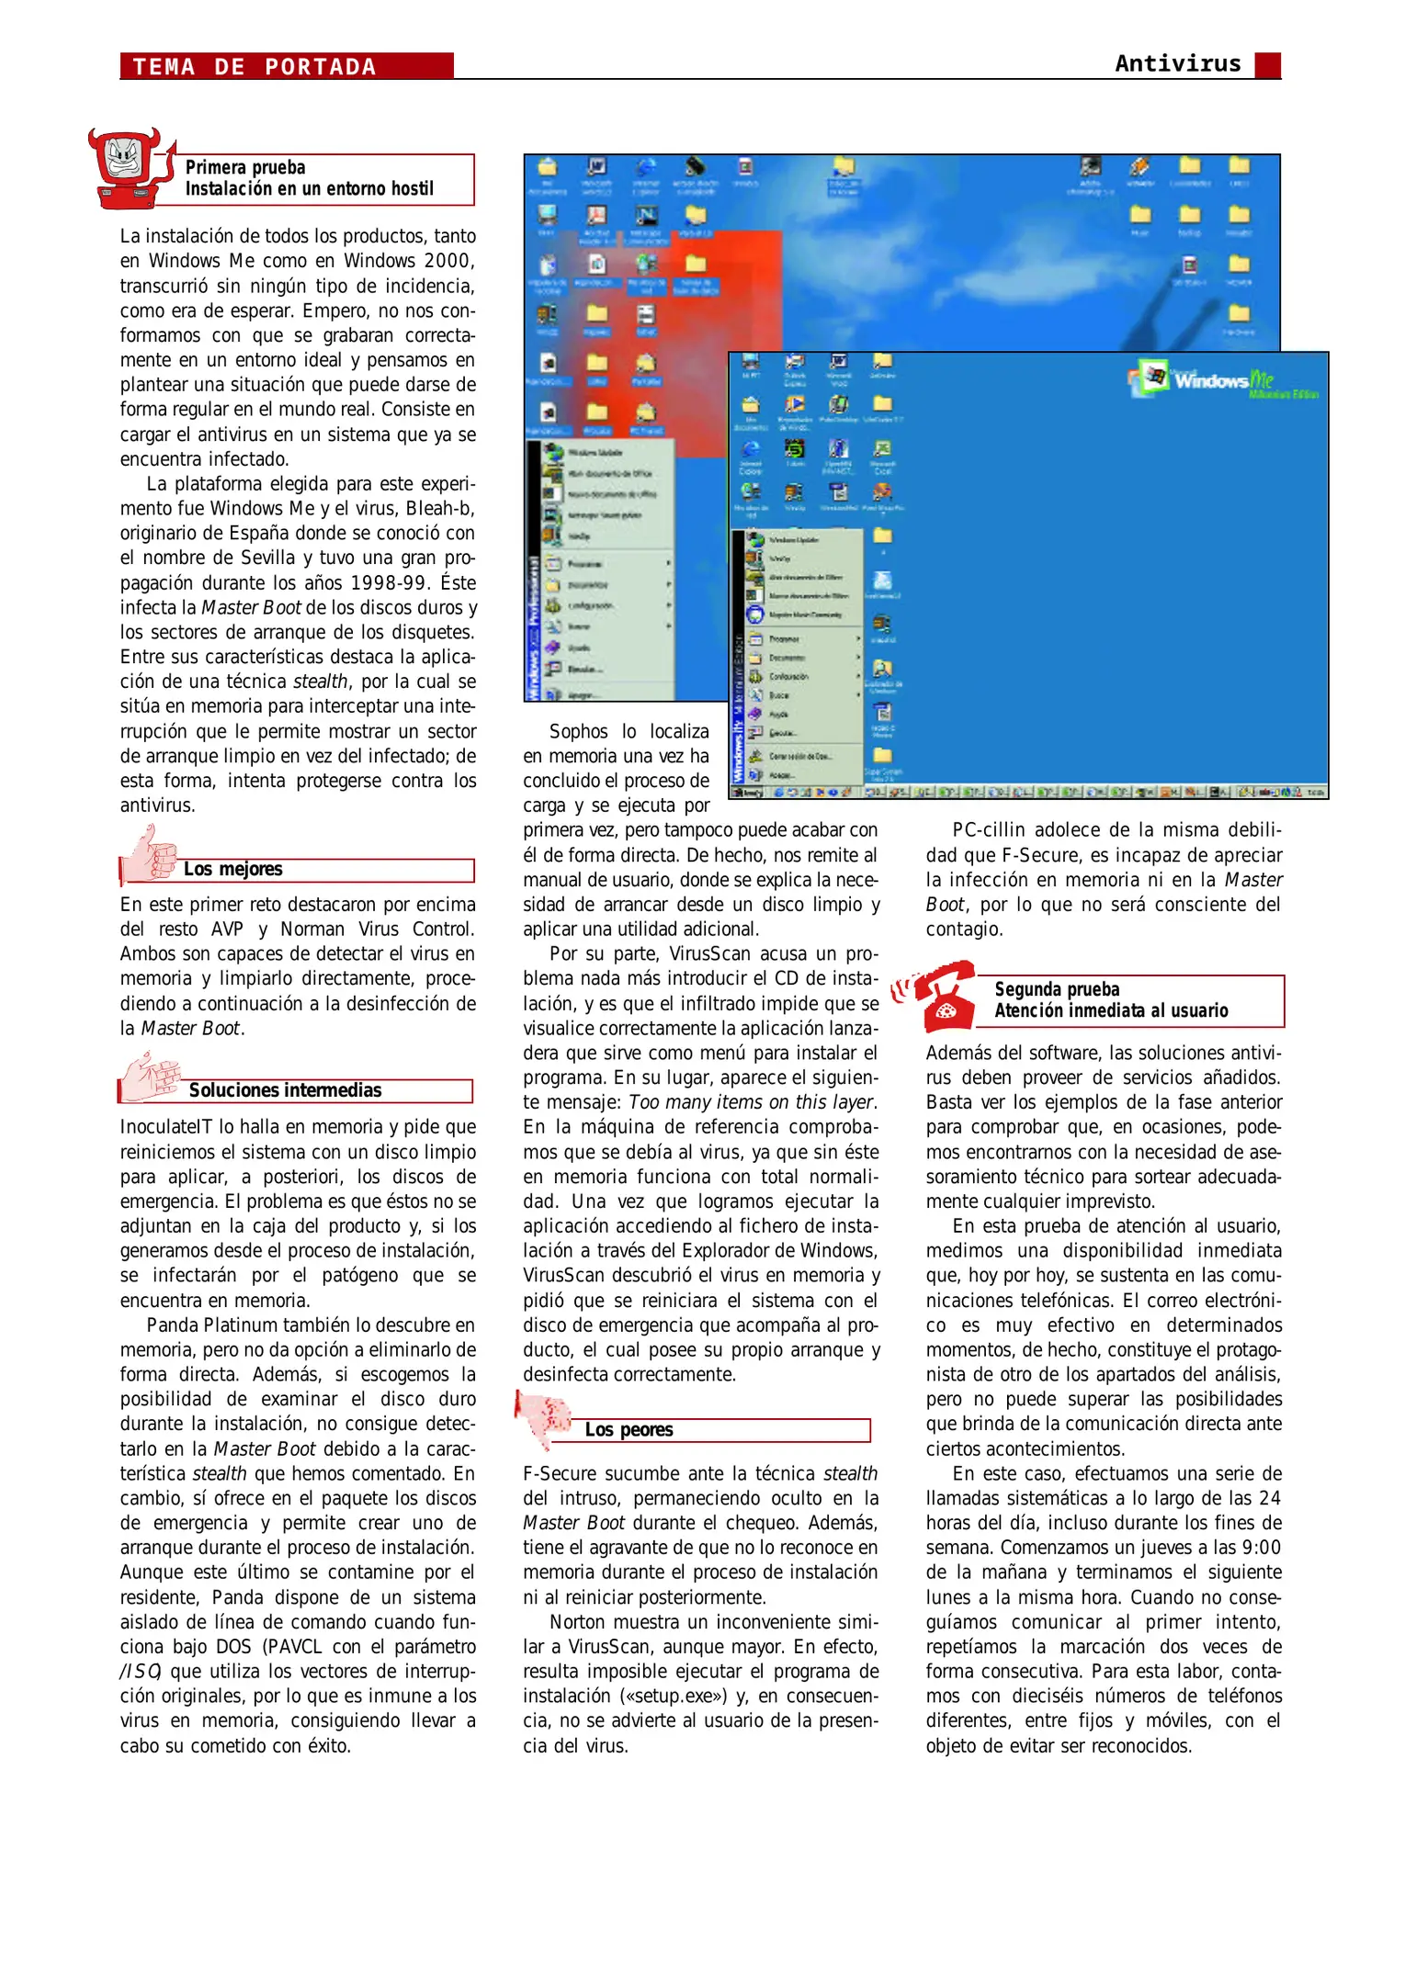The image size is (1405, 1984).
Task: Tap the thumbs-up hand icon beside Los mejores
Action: pos(150,854)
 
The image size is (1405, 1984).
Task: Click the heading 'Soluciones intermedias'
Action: pos(285,1090)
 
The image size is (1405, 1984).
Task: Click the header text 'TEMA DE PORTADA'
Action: pos(255,67)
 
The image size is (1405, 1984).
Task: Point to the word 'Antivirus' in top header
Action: pos(1177,63)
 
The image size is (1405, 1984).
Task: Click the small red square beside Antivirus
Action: pos(1267,65)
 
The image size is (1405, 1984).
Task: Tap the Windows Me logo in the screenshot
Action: pos(1222,380)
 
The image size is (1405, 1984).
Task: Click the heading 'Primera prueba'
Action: pos(245,167)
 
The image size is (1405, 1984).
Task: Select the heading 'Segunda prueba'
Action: pos(1057,989)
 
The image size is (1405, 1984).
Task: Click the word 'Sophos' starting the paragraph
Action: pos(578,732)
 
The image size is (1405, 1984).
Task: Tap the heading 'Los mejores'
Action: pos(232,869)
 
